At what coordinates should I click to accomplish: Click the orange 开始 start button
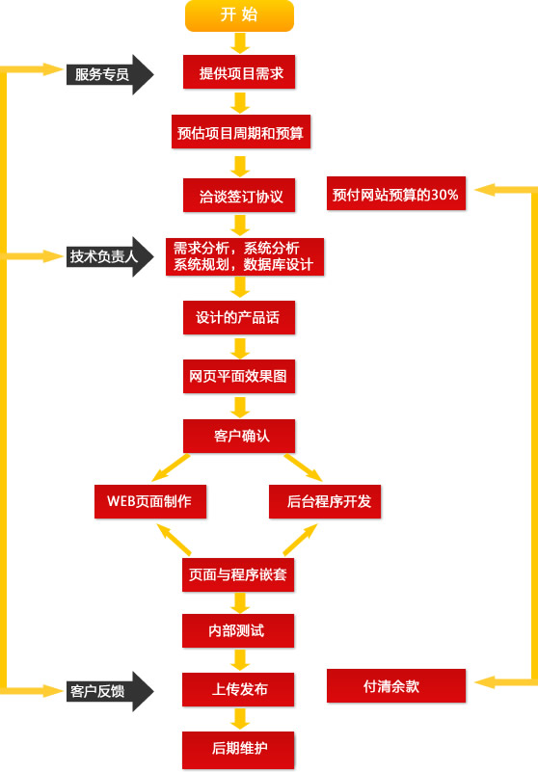(x=239, y=15)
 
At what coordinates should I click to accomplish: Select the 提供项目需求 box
(x=239, y=72)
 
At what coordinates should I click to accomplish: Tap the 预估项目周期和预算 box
(x=241, y=131)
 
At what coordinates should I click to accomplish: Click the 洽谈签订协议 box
(x=239, y=196)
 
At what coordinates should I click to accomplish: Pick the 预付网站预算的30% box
(x=396, y=194)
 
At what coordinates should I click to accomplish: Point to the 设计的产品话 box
(x=239, y=317)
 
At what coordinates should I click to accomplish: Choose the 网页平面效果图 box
(x=239, y=377)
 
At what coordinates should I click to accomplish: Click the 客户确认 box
(x=239, y=437)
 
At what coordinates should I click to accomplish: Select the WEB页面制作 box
(x=150, y=502)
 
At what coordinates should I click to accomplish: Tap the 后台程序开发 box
(x=325, y=502)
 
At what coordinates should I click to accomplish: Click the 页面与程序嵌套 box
(x=238, y=574)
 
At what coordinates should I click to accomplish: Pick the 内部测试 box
(x=238, y=630)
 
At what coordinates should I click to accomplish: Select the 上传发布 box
(x=238, y=689)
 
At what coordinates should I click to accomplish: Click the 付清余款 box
(x=396, y=686)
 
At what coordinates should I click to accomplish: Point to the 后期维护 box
(x=238, y=749)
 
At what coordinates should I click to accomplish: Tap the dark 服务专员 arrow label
(x=110, y=74)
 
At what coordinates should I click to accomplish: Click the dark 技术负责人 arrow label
(x=110, y=256)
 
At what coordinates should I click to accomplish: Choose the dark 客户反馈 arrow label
(x=110, y=691)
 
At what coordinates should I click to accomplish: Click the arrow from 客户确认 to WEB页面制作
(x=171, y=467)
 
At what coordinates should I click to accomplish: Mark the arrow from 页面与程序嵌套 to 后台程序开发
(x=300, y=540)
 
